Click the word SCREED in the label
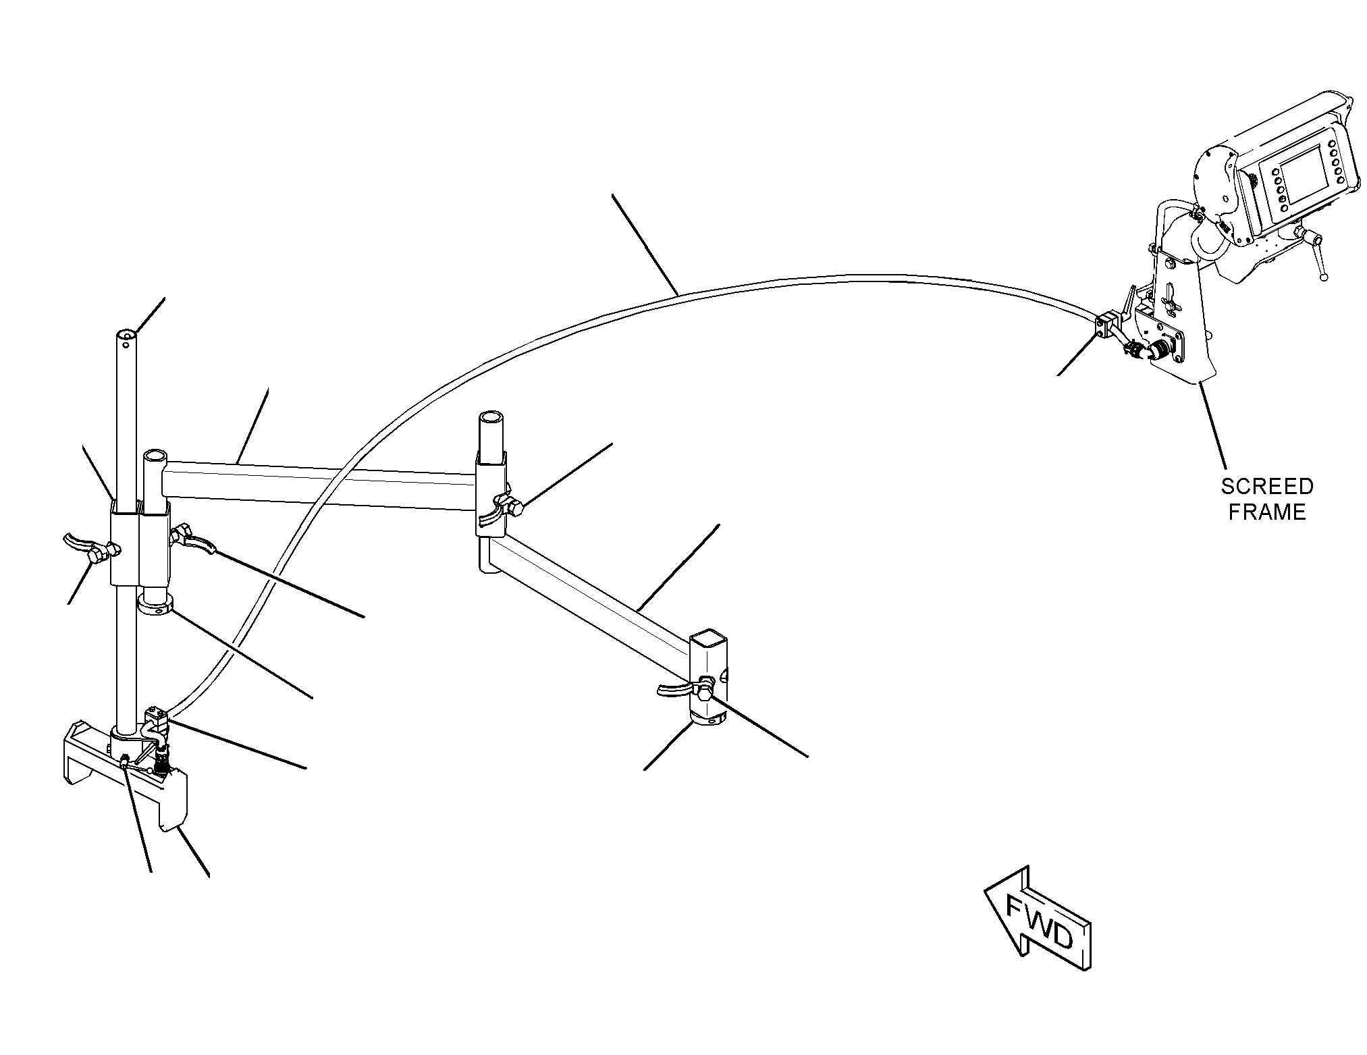1267,486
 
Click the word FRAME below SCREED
1267,512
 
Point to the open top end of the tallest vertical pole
126,335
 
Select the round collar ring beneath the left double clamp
156,603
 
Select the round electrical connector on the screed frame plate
1160,350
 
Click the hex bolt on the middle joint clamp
516,507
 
